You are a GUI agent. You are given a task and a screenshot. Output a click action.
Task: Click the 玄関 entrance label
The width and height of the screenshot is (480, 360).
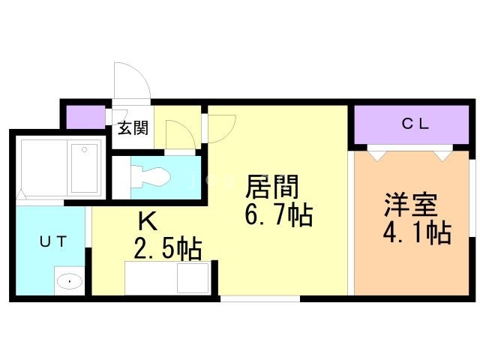click(x=132, y=127)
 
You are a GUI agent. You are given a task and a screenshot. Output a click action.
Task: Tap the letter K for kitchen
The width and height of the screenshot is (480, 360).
click(x=147, y=221)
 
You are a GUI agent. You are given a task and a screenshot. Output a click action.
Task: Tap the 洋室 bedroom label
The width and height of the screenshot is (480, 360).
click(x=410, y=205)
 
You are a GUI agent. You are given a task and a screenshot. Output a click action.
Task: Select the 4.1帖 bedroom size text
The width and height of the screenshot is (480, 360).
click(x=417, y=233)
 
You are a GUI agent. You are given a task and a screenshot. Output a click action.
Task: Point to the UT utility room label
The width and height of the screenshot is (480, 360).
click(x=53, y=241)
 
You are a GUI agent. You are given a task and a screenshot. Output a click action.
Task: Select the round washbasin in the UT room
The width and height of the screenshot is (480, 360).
click(x=70, y=281)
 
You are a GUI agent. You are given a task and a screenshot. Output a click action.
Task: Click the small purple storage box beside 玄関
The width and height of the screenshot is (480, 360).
click(x=85, y=118)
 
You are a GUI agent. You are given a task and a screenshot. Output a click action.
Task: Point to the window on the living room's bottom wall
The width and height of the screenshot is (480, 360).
click(x=259, y=298)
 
